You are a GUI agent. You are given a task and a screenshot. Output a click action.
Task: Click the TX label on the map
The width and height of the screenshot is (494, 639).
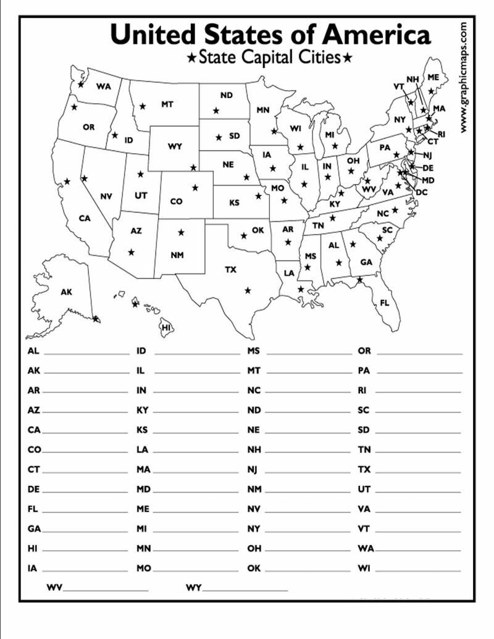[230, 270]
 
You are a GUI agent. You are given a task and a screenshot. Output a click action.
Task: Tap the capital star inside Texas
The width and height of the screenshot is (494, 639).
[248, 290]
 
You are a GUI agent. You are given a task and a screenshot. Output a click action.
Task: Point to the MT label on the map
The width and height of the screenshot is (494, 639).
[167, 104]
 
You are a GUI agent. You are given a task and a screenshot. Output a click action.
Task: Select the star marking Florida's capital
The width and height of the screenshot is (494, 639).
[359, 280]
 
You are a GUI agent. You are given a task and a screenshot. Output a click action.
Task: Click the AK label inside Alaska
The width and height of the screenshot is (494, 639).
[66, 292]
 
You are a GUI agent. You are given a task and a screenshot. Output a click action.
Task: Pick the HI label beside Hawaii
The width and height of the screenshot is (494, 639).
[165, 328]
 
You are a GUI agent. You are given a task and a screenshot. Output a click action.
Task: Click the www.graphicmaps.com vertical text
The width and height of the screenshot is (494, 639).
[464, 77]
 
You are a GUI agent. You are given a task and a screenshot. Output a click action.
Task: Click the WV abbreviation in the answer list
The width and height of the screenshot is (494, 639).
[54, 588]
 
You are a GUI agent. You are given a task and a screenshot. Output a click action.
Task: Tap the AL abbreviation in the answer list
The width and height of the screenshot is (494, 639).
[33, 351]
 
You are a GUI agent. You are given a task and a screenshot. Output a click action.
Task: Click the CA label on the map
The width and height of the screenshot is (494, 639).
[85, 218]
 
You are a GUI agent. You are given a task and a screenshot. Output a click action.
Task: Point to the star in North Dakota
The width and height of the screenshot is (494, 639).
[216, 111]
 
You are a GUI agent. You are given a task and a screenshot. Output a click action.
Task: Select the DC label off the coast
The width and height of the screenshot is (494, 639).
[422, 192]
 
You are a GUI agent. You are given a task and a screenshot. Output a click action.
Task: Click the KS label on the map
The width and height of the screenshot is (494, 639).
[235, 203]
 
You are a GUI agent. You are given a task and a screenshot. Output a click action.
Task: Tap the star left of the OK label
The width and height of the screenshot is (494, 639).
[244, 235]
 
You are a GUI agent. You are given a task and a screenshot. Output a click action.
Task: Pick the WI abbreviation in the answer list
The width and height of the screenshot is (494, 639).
[364, 568]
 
